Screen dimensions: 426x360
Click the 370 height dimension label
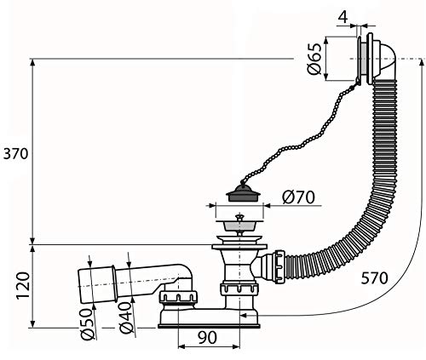click(15, 154)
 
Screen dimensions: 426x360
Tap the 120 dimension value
click(23, 285)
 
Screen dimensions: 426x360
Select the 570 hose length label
click(374, 278)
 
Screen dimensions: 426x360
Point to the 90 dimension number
click(207, 337)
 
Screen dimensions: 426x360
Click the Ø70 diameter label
click(298, 197)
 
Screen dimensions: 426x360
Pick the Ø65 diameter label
click(314, 59)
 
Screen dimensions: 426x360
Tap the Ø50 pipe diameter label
click(87, 323)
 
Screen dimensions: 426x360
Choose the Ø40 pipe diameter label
click(126, 317)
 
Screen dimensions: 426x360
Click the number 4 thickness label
click(343, 18)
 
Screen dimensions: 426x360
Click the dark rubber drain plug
click(243, 193)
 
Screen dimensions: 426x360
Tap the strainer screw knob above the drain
click(239, 217)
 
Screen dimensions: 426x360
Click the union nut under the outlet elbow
click(178, 297)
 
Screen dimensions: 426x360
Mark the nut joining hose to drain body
click(279, 266)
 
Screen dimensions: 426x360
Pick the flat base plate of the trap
click(209, 326)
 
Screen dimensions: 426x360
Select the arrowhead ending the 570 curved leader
click(244, 315)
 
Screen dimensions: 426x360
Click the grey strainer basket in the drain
click(239, 226)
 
